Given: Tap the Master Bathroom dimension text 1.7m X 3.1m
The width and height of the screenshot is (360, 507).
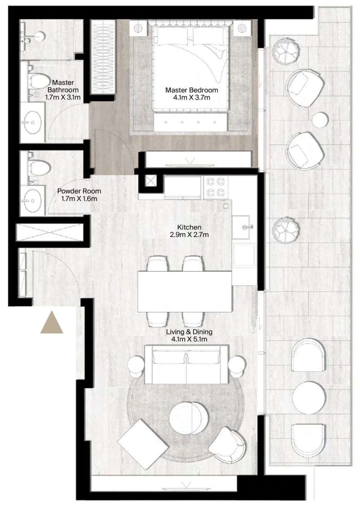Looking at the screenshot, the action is pos(63,97).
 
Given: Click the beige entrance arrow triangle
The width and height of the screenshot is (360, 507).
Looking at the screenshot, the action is pos(52,322).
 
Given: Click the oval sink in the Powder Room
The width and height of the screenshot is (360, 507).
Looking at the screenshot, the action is pos(33,200).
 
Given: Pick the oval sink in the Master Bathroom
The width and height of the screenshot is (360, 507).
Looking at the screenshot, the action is pos(32,122).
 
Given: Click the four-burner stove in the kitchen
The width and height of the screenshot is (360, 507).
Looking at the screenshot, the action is pos(216,187).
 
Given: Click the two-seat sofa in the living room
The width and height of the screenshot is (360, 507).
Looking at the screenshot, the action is pos(187,364).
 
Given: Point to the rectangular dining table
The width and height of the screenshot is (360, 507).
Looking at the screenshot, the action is pos(185,291).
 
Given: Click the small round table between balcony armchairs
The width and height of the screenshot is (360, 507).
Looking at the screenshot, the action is pos(321,119).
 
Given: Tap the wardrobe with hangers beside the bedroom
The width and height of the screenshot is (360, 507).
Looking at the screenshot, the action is pos(103,58).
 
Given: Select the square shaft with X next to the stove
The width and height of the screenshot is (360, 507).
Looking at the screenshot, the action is pos(150,182).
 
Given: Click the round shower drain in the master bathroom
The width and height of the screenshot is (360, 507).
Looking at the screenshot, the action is pos(40,37).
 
